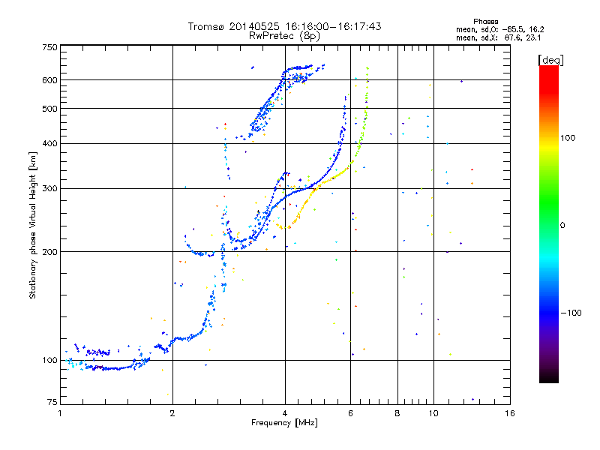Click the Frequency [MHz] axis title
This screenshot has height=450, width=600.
tap(284, 423)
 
